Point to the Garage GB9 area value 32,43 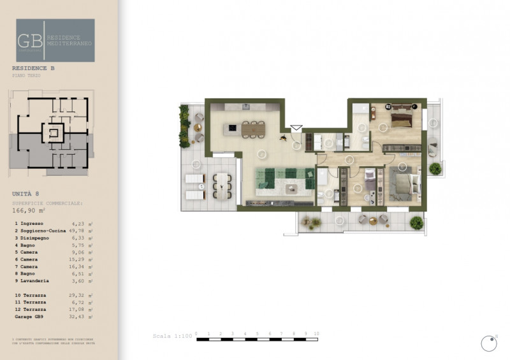[x=84, y=316]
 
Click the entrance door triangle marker [x=296, y=128]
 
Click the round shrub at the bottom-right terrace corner [x=416, y=222]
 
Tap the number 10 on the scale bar [x=317, y=334]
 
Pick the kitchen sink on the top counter [x=245, y=106]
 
